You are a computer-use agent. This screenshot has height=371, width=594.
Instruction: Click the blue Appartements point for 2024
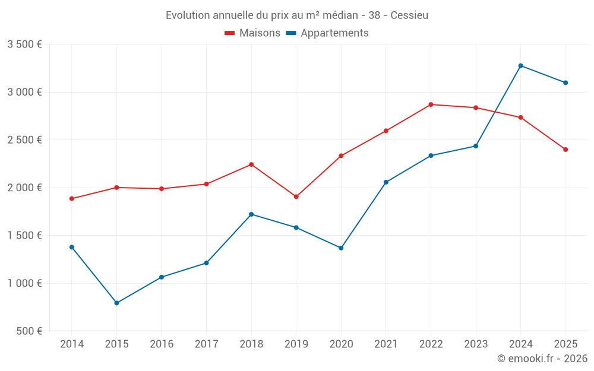pos(520,66)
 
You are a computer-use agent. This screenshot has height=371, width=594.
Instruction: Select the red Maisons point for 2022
pos(431,104)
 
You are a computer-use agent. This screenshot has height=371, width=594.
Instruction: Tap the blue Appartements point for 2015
pos(116,303)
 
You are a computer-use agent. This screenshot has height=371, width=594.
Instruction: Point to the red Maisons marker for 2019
pos(296,196)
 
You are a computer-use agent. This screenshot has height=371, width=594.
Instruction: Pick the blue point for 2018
pos(251,214)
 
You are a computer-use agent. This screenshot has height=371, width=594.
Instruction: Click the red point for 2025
pos(565,150)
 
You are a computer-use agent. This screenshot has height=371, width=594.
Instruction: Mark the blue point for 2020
pos(341,248)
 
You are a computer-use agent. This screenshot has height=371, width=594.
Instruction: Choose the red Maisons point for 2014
pos(72,199)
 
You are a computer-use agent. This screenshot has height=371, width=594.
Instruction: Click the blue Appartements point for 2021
pos(386,182)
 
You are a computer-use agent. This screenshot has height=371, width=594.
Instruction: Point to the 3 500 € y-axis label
pos(24,45)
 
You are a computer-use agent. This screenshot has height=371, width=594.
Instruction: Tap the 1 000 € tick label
pos(24,283)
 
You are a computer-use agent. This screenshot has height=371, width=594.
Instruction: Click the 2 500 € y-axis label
pos(24,140)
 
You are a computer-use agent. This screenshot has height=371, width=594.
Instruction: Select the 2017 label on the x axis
pos(206,344)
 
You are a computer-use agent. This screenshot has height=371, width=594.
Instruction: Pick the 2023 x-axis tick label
pos(476,344)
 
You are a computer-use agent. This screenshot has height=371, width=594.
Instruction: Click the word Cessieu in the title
pos(410,15)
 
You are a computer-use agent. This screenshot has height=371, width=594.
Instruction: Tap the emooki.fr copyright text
pos(542,359)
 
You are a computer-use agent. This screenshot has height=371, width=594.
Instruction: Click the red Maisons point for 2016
pos(162,189)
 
